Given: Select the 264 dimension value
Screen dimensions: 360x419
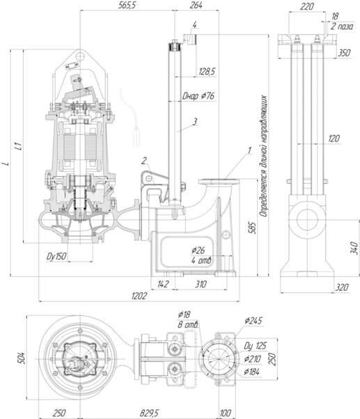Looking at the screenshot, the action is point(196,5).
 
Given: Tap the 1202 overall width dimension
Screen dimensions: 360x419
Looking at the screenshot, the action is point(139,296).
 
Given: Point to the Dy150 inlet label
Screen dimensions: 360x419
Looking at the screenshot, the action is point(56,257).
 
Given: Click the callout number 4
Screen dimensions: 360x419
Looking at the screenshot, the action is point(194,24).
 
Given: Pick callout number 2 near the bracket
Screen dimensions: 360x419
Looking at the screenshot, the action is point(144,161).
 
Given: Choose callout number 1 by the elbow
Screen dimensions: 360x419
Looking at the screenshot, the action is point(249,150).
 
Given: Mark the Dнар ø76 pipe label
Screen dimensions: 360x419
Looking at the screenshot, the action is point(198,96).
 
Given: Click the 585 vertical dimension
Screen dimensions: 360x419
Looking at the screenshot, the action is point(252,228).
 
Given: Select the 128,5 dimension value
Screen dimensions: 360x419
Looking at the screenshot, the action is point(207,72).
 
